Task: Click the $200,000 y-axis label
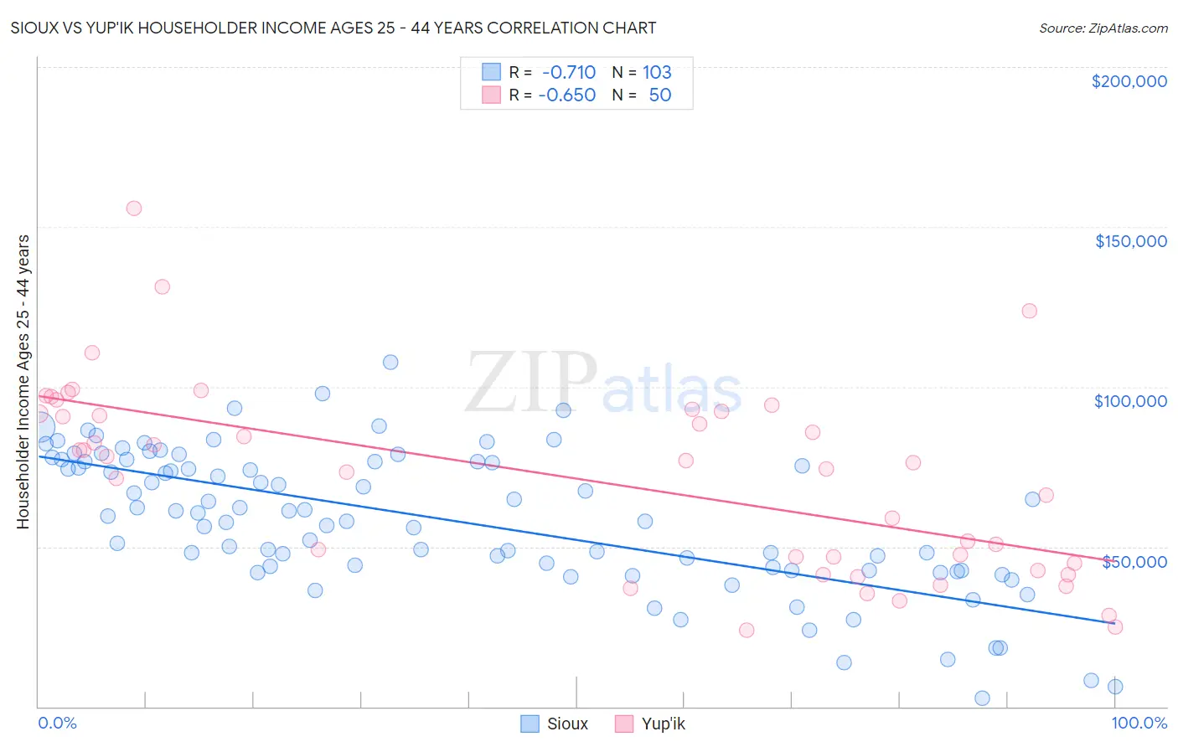click(1129, 81)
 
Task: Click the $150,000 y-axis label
click(1130, 241)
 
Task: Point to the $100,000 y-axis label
click(1130, 401)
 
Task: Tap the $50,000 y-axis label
click(1134, 561)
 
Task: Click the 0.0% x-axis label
click(57, 723)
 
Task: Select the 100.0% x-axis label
click(1139, 723)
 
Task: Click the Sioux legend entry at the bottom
click(554, 724)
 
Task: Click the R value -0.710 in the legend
click(568, 72)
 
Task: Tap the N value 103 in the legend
click(657, 72)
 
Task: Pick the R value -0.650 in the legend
click(567, 95)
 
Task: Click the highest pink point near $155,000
click(134, 209)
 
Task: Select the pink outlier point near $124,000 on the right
click(1029, 311)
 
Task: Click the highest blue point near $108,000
click(390, 363)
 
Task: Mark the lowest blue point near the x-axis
click(982, 698)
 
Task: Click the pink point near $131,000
click(163, 286)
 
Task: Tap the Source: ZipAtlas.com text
click(1103, 28)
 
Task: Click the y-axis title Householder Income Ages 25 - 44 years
click(23, 381)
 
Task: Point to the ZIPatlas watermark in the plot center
click(603, 384)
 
